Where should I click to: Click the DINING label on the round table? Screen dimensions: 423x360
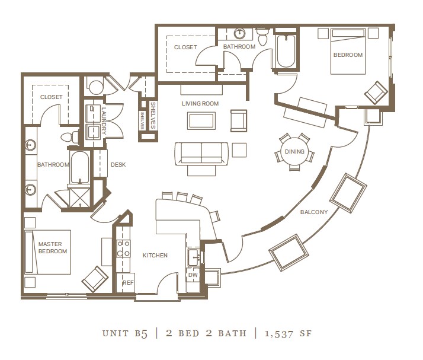click(294, 151)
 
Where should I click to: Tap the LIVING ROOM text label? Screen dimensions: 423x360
click(200, 103)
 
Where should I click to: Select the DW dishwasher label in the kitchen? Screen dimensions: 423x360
click(193, 275)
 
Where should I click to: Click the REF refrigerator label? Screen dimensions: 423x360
click(128, 283)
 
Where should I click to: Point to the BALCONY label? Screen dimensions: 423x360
click(314, 212)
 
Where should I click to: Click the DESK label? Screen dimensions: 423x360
click(118, 164)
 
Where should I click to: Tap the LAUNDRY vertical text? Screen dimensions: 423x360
click(104, 121)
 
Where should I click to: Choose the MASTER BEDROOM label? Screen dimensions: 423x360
click(53, 248)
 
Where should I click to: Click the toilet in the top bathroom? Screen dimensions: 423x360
click(262, 37)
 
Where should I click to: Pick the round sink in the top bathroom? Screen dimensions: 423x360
click(239, 34)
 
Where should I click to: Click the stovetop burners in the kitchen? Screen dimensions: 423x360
click(123, 249)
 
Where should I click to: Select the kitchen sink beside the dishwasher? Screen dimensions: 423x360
click(194, 257)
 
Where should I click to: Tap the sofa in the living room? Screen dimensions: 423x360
click(201, 154)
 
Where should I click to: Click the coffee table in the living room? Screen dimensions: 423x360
click(201, 121)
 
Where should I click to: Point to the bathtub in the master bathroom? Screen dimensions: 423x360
click(79, 167)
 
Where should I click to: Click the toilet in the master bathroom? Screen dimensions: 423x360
click(70, 137)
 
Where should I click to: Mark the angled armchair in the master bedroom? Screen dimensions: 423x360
click(95, 279)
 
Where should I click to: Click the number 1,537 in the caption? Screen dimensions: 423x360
click(279, 334)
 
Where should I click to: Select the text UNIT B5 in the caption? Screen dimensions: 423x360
click(125, 333)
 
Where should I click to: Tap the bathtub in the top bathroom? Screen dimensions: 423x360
click(286, 51)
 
